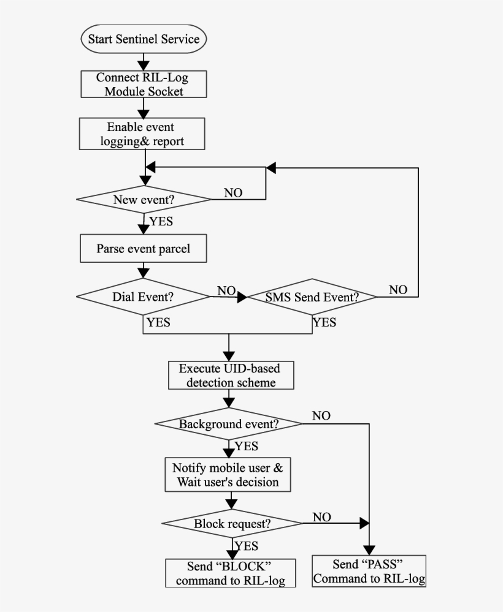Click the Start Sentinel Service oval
point(144,39)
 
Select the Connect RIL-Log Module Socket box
point(144,84)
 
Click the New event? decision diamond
point(144,200)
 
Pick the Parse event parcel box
point(144,249)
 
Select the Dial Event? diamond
point(144,297)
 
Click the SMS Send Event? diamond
point(312,297)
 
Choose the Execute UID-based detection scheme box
point(231,376)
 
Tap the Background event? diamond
point(228,424)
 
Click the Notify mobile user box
point(228,475)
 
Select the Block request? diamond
point(232,524)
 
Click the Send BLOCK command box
point(230,573)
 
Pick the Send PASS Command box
point(369,572)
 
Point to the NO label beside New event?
point(232,193)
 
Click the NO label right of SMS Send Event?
point(397,290)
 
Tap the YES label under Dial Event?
point(158,322)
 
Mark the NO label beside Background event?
point(321,416)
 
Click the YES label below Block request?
point(246,546)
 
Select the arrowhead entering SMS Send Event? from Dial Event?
point(242,297)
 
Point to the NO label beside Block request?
point(322,517)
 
